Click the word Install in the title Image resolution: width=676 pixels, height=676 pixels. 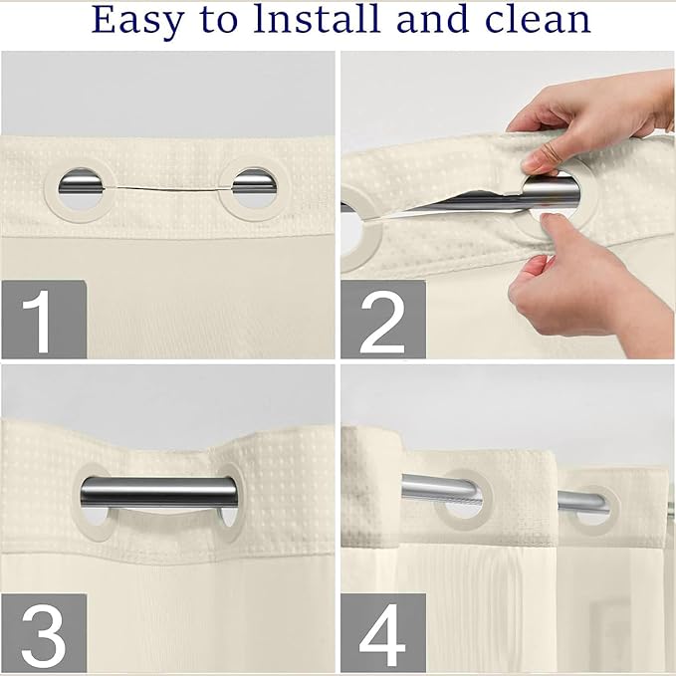point(317,19)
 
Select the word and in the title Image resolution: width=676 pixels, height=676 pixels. point(432,19)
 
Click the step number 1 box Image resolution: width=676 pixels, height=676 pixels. point(44,320)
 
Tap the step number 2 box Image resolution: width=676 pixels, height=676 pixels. point(383,320)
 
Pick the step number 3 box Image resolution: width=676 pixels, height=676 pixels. point(44,632)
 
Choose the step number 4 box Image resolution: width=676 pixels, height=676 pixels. point(383,632)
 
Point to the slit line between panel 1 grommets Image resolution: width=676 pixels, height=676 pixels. point(168,189)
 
